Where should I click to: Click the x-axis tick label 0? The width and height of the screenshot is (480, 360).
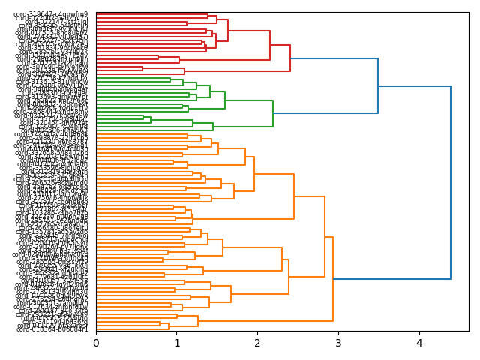[96, 343]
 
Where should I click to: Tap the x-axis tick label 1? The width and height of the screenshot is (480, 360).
[177, 343]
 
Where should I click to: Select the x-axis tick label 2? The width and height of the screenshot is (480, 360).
[257, 343]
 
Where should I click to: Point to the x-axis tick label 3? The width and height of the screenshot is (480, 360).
[338, 343]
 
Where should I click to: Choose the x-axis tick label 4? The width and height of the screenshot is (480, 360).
[419, 343]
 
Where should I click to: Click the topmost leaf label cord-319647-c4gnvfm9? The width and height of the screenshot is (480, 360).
[52, 14]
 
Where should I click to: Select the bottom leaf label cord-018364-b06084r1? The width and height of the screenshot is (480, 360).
[52, 329]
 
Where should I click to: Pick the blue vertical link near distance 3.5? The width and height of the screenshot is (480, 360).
[378, 86]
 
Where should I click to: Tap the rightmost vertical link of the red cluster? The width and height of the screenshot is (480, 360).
[290, 58]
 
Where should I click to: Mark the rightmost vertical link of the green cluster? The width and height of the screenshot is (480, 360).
[273, 113]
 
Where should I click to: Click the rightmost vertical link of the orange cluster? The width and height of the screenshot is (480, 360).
[332, 279]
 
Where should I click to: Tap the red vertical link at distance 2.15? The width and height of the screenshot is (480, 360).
[270, 45]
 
